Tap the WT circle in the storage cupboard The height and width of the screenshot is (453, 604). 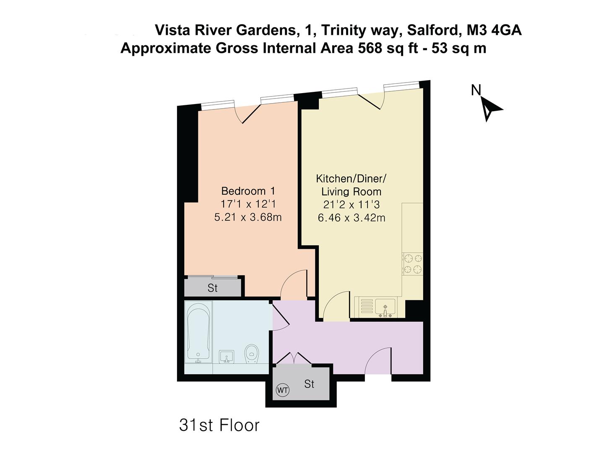282,390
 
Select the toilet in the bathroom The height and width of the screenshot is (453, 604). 252,354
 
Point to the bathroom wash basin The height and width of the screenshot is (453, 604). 226,357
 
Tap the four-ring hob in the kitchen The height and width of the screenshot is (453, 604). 412,264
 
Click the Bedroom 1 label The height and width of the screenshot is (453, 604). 248,191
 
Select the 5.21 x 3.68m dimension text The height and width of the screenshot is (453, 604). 248,217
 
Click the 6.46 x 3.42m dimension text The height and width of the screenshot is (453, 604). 351,218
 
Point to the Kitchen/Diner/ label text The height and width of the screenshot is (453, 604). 351,179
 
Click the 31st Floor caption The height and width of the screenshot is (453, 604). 219,425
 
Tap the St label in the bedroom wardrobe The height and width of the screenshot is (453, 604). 213,288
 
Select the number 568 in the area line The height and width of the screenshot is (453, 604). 370,48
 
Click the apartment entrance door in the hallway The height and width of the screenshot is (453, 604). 378,362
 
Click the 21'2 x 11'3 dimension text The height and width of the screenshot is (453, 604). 351,205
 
